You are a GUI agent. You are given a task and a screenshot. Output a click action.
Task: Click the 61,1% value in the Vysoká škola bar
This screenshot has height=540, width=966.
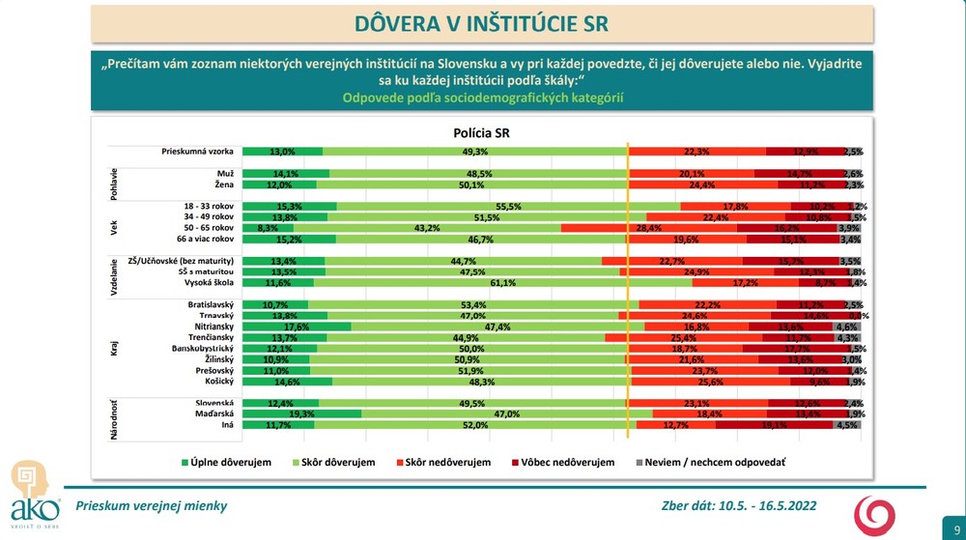coord(502,284)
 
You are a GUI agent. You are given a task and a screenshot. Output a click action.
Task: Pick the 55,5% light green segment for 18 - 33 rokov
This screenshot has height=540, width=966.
coord(508,207)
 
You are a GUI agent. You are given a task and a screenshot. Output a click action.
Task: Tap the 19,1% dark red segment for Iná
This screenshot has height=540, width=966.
coord(775,424)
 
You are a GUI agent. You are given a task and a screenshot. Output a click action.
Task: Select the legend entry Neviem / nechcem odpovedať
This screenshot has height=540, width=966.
coord(709,463)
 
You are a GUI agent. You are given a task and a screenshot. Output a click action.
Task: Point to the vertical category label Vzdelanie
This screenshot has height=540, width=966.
coord(115,272)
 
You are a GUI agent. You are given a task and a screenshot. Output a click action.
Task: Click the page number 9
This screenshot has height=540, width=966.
coord(944,517)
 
